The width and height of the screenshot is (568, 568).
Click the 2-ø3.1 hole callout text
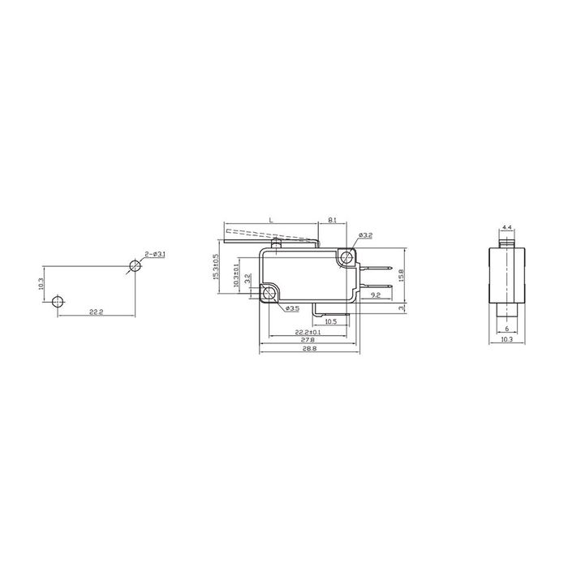tap(156, 255)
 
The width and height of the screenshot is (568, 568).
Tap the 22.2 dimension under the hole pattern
tap(95, 312)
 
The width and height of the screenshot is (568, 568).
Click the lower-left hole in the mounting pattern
tap(56, 302)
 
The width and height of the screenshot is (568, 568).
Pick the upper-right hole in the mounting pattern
tap(133, 266)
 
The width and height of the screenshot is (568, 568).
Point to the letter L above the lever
tap(270, 221)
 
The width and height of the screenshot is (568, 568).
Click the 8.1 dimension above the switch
tap(332, 221)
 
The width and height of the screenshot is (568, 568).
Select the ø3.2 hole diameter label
tap(365, 235)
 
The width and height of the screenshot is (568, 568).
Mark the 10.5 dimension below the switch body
tap(331, 321)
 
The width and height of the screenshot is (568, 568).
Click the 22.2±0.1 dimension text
tap(308, 332)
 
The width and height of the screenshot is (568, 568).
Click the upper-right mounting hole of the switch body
tap(348, 258)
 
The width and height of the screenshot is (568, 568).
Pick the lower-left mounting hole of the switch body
tap(269, 293)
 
